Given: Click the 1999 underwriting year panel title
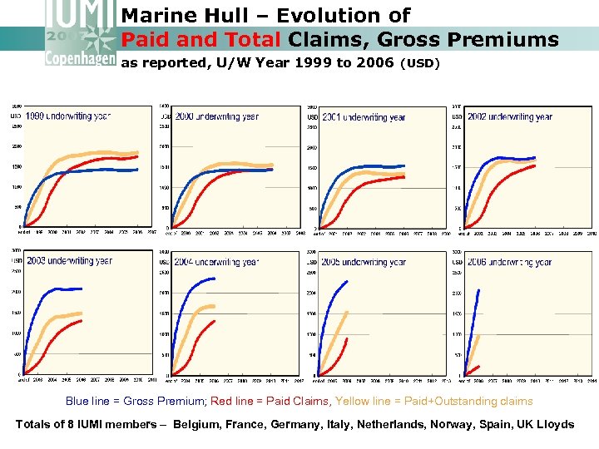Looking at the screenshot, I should pyautogui.click(x=67, y=116).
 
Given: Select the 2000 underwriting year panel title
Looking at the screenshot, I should pyautogui.click(x=216, y=117).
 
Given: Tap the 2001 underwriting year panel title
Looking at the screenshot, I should pyautogui.click(x=364, y=117).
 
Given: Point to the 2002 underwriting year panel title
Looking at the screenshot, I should pyautogui.click(x=510, y=117).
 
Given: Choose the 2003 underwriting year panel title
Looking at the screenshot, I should pyautogui.click(x=68, y=261).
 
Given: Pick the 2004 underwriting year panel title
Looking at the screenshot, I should pyautogui.click(x=216, y=262).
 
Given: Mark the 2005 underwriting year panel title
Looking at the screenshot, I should pyautogui.click(x=364, y=262).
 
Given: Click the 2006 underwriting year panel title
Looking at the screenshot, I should pyautogui.click(x=510, y=262).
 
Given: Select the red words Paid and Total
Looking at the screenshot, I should pyautogui.click(x=202, y=39).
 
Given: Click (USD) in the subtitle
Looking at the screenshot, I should pyautogui.click(x=420, y=63).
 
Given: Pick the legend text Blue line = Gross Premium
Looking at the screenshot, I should pyautogui.click(x=136, y=402).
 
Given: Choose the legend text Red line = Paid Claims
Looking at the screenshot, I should pyautogui.click(x=270, y=402).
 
